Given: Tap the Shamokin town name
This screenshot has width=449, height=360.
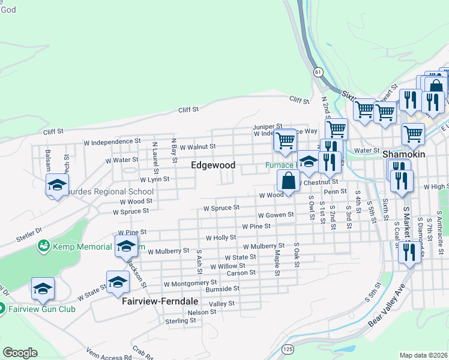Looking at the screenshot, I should point(403,154).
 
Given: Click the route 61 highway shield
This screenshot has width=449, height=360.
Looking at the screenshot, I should point(318,71).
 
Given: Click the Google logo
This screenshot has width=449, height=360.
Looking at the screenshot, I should point(20,353).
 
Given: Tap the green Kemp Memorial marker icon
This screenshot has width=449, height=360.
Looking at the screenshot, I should point(43,246).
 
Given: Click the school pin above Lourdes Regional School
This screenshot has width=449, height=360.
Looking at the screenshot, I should point(57,185).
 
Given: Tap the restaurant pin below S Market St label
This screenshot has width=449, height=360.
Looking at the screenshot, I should point(409,251).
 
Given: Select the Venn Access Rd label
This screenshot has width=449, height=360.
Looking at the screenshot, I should point(109,353).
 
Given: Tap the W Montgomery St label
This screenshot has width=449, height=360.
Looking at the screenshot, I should point(190,283).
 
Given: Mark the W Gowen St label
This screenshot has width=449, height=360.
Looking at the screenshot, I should point(276,214).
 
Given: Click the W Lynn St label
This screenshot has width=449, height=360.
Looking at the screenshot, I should point(154,179).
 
